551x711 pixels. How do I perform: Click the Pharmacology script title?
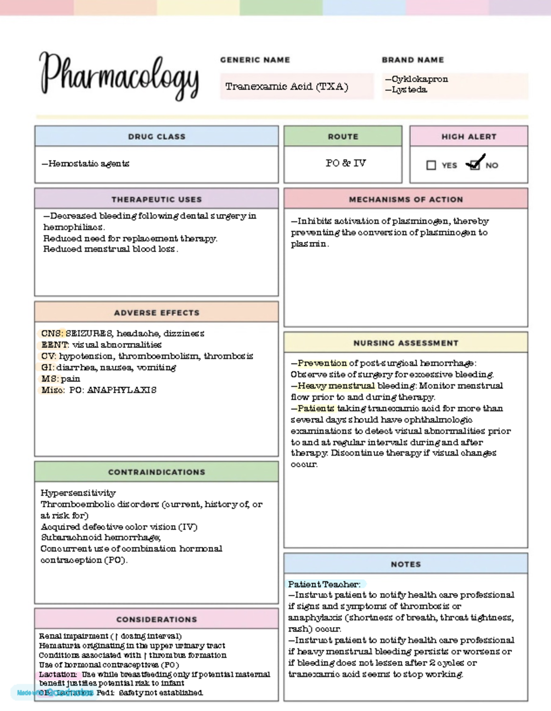119,76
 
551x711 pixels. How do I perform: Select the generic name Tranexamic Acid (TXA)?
287,86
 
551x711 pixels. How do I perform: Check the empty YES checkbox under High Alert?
431,165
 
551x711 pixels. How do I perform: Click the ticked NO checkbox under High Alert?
474,165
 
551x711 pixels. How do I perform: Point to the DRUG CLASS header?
157,137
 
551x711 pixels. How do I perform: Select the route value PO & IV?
345,163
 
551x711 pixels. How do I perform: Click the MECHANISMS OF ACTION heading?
406,200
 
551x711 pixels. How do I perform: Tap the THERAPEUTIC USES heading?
157,200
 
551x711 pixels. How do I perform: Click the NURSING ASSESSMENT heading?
406,343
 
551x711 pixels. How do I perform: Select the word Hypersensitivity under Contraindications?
78,493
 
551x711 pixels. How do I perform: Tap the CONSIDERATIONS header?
157,619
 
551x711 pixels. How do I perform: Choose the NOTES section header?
406,564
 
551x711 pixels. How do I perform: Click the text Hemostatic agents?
89,163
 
